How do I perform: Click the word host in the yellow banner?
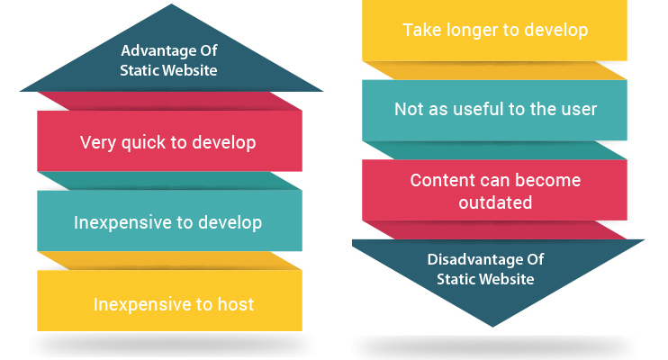tap(236, 304)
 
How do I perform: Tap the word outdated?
tap(495, 202)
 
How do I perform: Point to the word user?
tap(579, 110)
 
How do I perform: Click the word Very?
tap(98, 143)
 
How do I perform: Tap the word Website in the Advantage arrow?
tap(193, 70)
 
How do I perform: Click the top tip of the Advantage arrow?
tap(172, 4)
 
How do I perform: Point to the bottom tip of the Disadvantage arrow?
tap(493, 327)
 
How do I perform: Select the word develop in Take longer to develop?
tap(556, 31)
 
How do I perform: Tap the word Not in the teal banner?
tap(407, 110)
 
